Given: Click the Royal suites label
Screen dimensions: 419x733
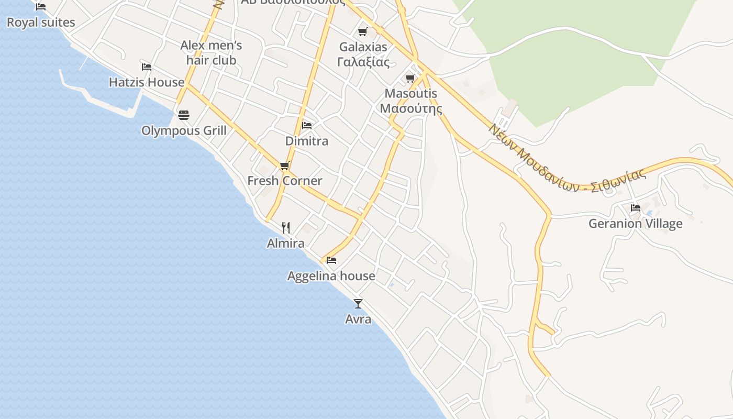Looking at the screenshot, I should [x=41, y=23].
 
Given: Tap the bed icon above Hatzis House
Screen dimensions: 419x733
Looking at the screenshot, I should [x=147, y=67].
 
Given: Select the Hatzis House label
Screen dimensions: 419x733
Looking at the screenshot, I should [x=147, y=82].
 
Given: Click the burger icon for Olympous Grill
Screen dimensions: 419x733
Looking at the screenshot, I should [x=184, y=115].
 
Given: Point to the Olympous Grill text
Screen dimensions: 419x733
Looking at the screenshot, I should [x=184, y=130].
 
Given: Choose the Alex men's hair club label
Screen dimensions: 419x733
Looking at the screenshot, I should [x=211, y=53].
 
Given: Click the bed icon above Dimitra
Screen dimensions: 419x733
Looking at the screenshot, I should [x=307, y=126].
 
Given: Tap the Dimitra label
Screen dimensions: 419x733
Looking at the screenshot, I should [x=307, y=141].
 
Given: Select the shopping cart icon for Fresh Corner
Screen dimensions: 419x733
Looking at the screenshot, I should [x=285, y=166].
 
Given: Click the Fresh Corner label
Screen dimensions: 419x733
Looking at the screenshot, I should [x=285, y=181].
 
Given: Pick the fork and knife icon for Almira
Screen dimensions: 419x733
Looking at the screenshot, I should [x=286, y=228].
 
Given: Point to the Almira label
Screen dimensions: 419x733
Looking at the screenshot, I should [x=286, y=244].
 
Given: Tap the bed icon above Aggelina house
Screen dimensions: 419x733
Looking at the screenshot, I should [x=331, y=260].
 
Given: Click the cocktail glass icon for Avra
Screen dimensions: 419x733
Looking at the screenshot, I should [x=358, y=304].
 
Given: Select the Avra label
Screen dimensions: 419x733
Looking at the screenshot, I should [x=358, y=319].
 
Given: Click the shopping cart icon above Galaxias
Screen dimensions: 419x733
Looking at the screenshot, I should [x=363, y=32].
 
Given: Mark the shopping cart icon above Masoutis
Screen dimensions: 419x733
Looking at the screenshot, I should [x=410, y=79].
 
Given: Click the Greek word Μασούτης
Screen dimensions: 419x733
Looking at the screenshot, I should [x=410, y=109].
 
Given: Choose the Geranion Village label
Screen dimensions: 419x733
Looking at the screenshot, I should [x=635, y=224].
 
